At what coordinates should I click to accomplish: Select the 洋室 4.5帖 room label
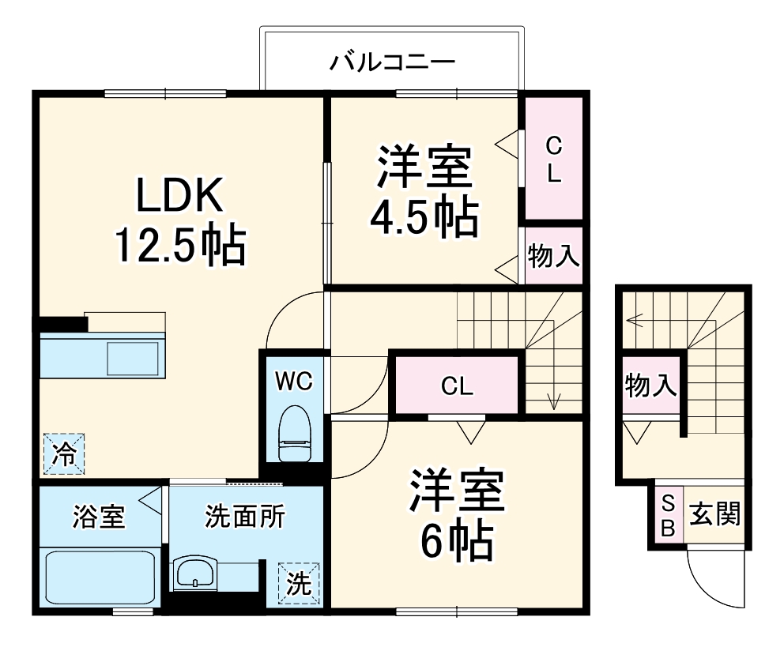pos(424,190)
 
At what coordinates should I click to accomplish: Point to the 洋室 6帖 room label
pos(457,513)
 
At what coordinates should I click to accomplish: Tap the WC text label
pos(294,381)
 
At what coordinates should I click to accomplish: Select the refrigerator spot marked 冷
pos(63,454)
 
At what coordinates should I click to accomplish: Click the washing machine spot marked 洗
pos(298,582)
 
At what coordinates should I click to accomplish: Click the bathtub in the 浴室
pos(100,577)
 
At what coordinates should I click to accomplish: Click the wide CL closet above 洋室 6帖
pos(457,386)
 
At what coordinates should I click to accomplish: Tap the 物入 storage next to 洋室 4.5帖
pos(554,256)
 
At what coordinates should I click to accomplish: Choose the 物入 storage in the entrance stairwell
pos(650,386)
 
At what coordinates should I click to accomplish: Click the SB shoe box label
pos(668,514)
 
